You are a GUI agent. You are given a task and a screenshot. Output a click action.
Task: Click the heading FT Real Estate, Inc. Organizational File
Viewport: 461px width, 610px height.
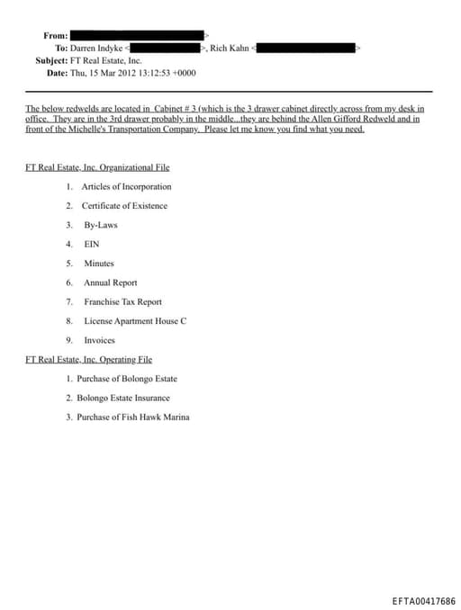tap(98, 167)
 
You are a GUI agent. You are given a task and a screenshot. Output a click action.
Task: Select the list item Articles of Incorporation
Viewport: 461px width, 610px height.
tap(126, 187)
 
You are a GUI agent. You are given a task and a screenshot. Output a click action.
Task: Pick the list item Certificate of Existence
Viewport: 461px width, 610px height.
tap(124, 206)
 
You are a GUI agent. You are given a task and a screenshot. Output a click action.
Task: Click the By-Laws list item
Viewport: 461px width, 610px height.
tap(101, 225)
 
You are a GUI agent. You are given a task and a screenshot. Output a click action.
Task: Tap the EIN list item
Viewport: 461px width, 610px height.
tap(91, 244)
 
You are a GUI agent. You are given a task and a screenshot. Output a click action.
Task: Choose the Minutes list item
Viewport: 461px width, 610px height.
tap(99, 264)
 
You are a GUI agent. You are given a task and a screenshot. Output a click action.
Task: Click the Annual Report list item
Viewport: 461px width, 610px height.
tap(111, 283)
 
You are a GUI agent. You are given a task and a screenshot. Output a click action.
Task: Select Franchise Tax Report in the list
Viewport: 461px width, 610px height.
tap(122, 302)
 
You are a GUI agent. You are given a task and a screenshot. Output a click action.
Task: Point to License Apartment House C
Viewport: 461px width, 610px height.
tap(135, 321)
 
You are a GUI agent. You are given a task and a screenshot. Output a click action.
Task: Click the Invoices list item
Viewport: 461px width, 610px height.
tap(99, 340)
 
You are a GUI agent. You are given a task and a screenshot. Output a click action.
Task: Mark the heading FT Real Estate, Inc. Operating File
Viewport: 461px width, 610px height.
tap(90, 360)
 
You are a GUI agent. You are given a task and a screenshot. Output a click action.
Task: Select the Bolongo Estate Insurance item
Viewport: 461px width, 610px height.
tap(123, 398)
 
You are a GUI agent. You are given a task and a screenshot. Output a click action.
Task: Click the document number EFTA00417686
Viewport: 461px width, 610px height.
tap(423, 600)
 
